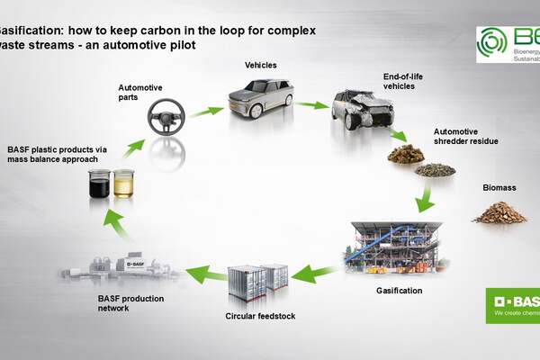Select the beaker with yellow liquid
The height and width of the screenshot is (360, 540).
[x=122, y=186]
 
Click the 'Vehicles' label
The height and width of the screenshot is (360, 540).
[x=262, y=65]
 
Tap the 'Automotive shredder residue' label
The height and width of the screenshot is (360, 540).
[x=466, y=135]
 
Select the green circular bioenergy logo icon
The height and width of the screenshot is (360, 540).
[x=491, y=42]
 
